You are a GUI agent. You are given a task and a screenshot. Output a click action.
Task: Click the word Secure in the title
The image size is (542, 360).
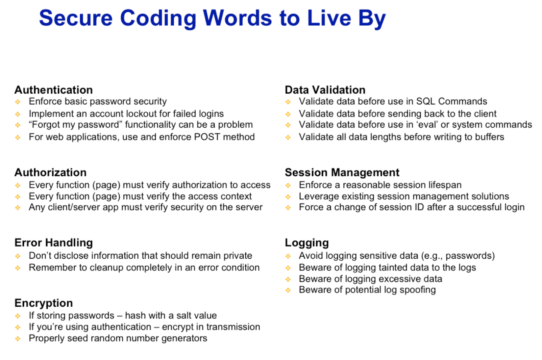pos(76,18)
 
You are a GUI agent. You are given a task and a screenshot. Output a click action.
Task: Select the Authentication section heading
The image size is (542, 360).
pos(54,90)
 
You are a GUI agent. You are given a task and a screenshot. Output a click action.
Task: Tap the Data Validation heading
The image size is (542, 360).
pos(325,90)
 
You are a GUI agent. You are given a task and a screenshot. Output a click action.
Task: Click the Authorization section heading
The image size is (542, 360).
pos(51,173)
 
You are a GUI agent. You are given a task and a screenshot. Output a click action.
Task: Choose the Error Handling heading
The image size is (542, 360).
pos(54,243)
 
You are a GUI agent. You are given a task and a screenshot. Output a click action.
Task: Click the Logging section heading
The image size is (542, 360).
pos(307,243)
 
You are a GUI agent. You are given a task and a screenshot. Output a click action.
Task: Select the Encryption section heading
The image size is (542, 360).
pos(44,303)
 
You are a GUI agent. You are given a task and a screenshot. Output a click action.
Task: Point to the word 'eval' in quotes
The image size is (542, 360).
pos(427,125)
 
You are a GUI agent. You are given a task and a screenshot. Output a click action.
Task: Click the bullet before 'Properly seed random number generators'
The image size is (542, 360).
pos(18,339)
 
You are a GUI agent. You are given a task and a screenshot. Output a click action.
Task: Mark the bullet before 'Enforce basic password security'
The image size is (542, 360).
pos(18,102)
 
